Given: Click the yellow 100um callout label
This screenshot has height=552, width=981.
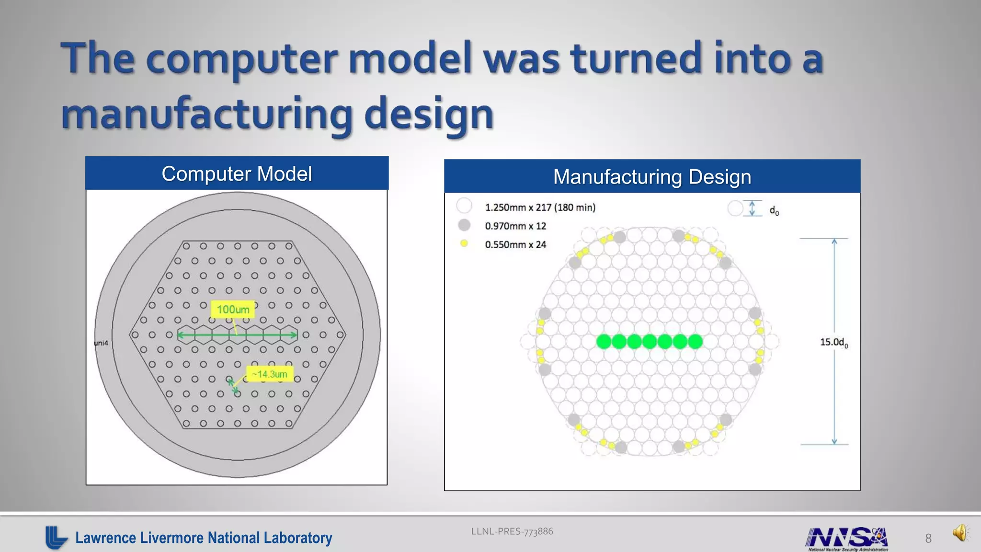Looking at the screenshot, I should (x=233, y=310).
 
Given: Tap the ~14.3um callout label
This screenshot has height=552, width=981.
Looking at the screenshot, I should (x=270, y=374).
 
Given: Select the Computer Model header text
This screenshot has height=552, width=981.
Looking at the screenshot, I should (x=237, y=174).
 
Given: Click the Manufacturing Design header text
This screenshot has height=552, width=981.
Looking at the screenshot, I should (x=652, y=177).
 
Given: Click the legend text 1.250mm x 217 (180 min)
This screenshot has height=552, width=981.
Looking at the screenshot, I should (x=540, y=207).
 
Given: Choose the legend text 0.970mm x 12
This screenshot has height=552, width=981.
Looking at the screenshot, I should (x=515, y=226).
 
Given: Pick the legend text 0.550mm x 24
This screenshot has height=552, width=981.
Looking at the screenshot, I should (x=515, y=245).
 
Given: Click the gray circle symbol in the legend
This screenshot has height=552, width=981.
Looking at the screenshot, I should (x=464, y=225).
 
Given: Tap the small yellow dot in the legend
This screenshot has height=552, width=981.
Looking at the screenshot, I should (x=464, y=243).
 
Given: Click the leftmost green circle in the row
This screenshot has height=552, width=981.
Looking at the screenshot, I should (x=604, y=342).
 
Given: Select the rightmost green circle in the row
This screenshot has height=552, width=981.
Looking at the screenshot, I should (x=695, y=342).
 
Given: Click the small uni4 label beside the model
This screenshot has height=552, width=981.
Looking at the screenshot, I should (x=101, y=343).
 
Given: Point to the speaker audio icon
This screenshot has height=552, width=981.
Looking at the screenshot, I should (x=960, y=533).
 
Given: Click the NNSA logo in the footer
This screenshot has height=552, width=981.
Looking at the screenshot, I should (x=847, y=538).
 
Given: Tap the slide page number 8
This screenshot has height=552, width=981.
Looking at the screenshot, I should (x=928, y=539).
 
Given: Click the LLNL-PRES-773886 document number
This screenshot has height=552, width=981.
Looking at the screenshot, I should (x=512, y=531).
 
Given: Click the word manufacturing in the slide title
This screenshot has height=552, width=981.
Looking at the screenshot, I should (x=206, y=114).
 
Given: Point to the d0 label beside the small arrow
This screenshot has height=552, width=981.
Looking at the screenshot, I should (x=774, y=210).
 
